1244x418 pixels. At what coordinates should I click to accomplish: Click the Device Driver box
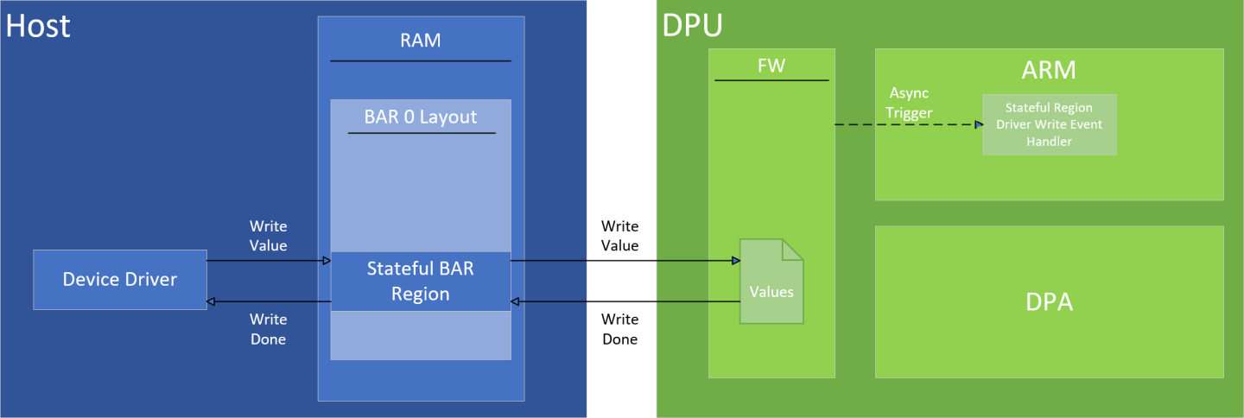click(x=120, y=280)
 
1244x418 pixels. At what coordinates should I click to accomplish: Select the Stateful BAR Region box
click(x=421, y=282)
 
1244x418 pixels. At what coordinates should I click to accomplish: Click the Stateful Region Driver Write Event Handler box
click(x=1049, y=124)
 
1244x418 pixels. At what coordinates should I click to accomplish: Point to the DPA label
click(x=1050, y=302)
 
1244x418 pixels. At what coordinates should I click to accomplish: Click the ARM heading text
click(x=1050, y=69)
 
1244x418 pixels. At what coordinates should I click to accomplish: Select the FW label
click(x=771, y=66)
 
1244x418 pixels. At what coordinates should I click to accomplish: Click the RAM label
click(x=421, y=40)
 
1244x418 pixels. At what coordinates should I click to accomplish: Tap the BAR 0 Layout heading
click(x=421, y=117)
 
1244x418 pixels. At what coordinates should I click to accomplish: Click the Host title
click(x=37, y=26)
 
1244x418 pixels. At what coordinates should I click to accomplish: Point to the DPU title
click(x=692, y=26)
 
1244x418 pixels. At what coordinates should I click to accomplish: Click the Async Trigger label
click(x=909, y=102)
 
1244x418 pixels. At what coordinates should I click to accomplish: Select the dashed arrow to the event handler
click(x=907, y=125)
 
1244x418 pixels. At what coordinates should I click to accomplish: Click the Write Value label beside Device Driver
click(x=268, y=236)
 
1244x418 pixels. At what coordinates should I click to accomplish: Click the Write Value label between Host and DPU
click(x=619, y=236)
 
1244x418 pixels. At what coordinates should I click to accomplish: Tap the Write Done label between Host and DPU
click(x=619, y=329)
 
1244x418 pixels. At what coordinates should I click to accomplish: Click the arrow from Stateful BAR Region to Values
click(x=622, y=260)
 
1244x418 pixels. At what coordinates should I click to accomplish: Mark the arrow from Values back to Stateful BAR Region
click(x=622, y=301)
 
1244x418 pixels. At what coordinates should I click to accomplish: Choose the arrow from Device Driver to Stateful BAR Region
click(x=268, y=260)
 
